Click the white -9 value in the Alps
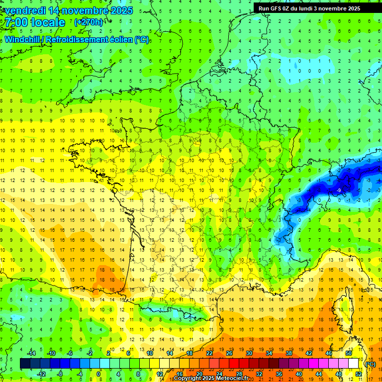tap(338, 190)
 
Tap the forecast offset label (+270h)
tap(89, 22)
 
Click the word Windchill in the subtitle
tap(23, 39)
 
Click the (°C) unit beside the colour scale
tap(370, 364)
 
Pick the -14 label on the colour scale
tap(31, 353)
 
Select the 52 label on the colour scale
tap(358, 374)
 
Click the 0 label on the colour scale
tap(98, 374)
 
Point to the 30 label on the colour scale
tap(249, 353)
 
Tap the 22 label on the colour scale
tap(209, 353)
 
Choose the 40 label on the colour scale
tap(298, 374)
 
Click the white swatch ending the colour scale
tap(354, 364)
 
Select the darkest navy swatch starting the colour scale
tap(25, 364)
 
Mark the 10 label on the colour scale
tap(150, 353)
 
